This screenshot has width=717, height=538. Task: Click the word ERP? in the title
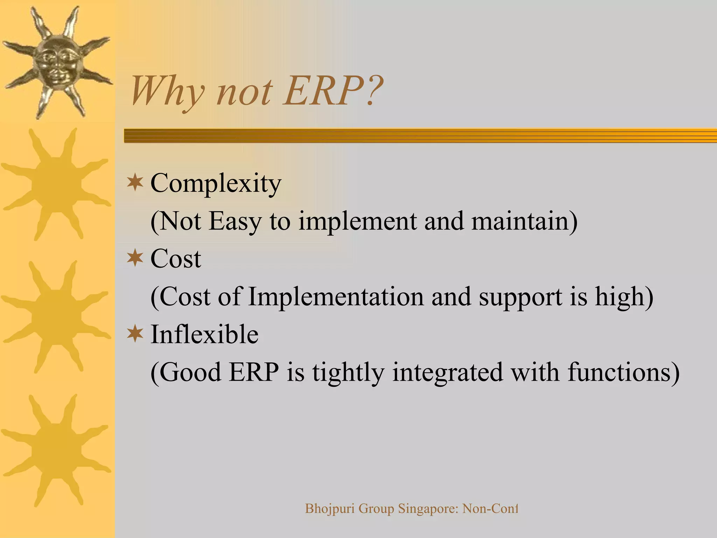click(x=333, y=92)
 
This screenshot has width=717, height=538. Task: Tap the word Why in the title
click(x=167, y=92)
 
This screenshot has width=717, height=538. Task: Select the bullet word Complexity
click(x=216, y=184)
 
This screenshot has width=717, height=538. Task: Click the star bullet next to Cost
click(x=135, y=258)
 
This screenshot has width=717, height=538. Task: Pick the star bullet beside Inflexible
click(x=135, y=334)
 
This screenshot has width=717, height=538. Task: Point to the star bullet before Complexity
click(x=135, y=182)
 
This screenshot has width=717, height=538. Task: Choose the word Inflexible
click(x=204, y=334)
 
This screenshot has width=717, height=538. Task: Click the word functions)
click(x=624, y=372)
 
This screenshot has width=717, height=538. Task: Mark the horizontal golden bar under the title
click(x=420, y=136)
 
